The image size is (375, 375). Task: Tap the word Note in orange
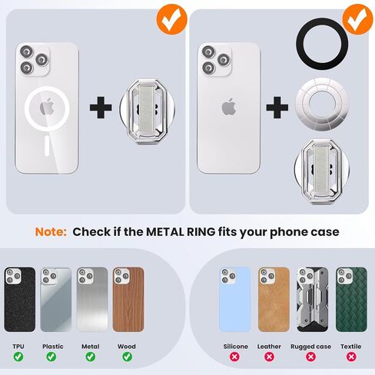coord(51,232)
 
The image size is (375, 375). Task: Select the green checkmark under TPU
coord(18,357)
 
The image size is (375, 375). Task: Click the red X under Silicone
coord(234,357)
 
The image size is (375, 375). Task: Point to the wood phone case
coord(128,300)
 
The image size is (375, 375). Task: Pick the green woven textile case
coord(351,300)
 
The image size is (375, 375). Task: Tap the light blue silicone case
coord(235,300)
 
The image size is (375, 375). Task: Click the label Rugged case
coord(310,347)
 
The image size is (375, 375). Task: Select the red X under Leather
coord(269,357)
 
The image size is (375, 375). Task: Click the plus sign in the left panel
coord(101,108)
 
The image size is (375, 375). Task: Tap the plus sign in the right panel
coord(277,108)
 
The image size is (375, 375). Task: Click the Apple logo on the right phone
coord(229,106)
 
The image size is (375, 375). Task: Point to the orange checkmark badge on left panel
coord(172,19)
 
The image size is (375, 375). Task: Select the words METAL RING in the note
coord(181,232)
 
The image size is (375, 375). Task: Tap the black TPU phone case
coord(20,300)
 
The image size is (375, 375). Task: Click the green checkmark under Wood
coord(128,357)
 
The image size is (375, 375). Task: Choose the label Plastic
coord(53,347)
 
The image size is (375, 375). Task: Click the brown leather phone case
coord(274,300)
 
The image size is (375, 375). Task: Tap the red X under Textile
coord(351,357)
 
